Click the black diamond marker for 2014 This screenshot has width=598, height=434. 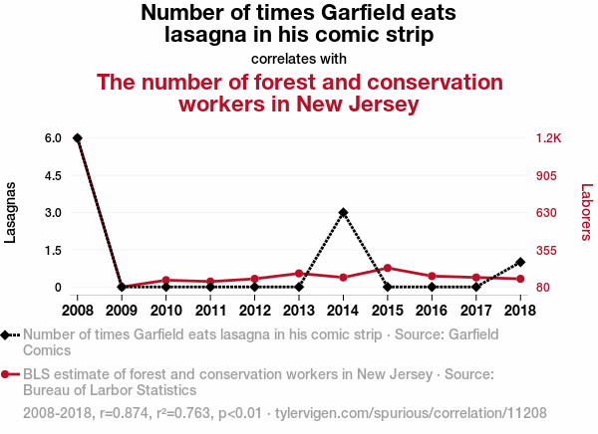click(343, 212)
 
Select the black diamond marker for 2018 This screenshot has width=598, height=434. click(520, 262)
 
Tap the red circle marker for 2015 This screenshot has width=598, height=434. click(388, 268)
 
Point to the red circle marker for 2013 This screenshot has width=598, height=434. click(299, 273)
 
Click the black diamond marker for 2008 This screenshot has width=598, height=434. click(78, 137)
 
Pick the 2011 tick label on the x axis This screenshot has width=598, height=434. click(210, 309)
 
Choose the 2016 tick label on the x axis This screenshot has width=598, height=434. click(432, 309)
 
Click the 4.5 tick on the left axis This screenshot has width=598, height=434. click(53, 175)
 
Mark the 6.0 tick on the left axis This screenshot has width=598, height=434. click(53, 137)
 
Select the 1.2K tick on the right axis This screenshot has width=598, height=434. click(549, 137)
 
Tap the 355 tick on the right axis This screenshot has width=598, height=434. click(546, 250)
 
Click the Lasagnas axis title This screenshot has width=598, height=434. click(12, 212)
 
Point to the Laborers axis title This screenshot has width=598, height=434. click(586, 212)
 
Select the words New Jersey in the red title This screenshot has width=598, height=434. click(359, 103)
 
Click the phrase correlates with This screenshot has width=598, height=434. click(299, 57)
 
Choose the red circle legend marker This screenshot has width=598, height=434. click(8, 374)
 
